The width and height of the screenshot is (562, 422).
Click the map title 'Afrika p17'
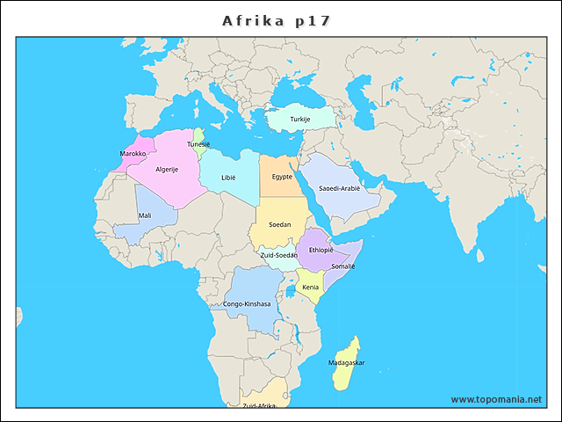click(277, 19)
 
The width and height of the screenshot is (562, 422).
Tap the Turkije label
click(300, 119)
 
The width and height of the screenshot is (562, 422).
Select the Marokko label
click(133, 153)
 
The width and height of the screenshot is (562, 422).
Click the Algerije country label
click(167, 169)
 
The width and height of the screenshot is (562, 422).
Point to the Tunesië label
click(198, 144)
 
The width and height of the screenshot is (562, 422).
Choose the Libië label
click(228, 177)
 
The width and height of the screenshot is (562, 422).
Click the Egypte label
click(282, 177)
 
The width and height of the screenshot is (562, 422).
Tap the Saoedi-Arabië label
click(339, 188)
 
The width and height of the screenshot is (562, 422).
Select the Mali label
click(144, 215)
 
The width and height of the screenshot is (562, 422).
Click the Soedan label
click(279, 224)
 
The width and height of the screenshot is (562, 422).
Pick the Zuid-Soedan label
click(279, 255)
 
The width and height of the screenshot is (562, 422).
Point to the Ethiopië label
click(321, 250)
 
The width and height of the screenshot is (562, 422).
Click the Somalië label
click(342, 266)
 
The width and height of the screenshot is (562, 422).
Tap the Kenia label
click(311, 287)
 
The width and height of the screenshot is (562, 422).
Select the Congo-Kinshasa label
click(247, 304)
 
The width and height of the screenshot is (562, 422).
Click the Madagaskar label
click(346, 362)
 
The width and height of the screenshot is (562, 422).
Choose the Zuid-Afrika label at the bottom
click(259, 405)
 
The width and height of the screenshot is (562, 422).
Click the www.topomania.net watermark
click(496, 399)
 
